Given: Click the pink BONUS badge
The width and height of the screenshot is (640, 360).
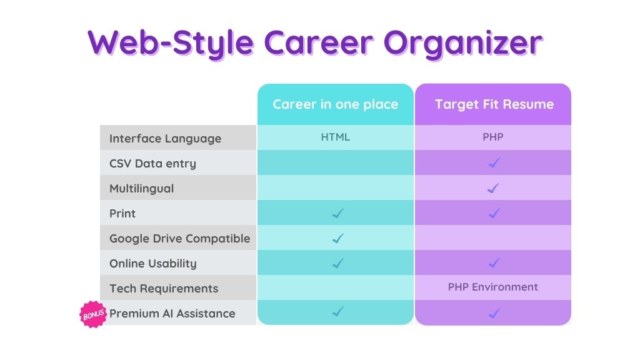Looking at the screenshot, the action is click(93, 314).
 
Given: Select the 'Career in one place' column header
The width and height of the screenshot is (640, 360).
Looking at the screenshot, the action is click(336, 104).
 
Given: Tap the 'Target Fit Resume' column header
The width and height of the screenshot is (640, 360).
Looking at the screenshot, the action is click(494, 104).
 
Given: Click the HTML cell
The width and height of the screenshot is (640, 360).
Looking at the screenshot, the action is click(335, 137).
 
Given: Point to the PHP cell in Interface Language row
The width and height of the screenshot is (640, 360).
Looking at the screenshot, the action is click(492, 137).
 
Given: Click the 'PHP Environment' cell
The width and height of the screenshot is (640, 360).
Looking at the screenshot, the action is click(492, 287).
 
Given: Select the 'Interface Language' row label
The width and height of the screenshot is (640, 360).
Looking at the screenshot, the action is click(165, 139).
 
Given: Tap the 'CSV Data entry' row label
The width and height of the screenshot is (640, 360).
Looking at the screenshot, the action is click(152, 164).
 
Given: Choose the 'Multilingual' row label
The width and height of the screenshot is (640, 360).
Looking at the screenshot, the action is click(142, 189).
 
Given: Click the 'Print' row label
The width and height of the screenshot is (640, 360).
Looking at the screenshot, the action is click(122, 214).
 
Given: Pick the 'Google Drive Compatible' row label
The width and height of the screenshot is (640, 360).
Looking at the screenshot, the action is click(179, 238).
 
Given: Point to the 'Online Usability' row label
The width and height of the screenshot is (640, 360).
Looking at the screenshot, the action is click(153, 264).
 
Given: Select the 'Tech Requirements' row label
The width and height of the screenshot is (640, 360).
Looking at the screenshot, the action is click(164, 289).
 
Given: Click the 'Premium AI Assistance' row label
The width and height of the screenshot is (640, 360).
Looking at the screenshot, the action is click(172, 314).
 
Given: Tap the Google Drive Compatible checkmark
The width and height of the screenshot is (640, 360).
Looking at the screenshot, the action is click(338, 238).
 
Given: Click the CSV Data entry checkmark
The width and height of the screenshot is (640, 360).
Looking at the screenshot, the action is click(494, 163).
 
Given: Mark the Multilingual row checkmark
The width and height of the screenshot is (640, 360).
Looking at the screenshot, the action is click(493, 188).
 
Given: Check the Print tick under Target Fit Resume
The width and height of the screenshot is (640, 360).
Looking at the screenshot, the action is click(494, 213).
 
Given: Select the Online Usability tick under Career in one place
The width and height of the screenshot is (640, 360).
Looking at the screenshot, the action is click(338, 263).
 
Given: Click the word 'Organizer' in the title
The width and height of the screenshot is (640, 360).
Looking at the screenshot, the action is click(463, 43).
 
